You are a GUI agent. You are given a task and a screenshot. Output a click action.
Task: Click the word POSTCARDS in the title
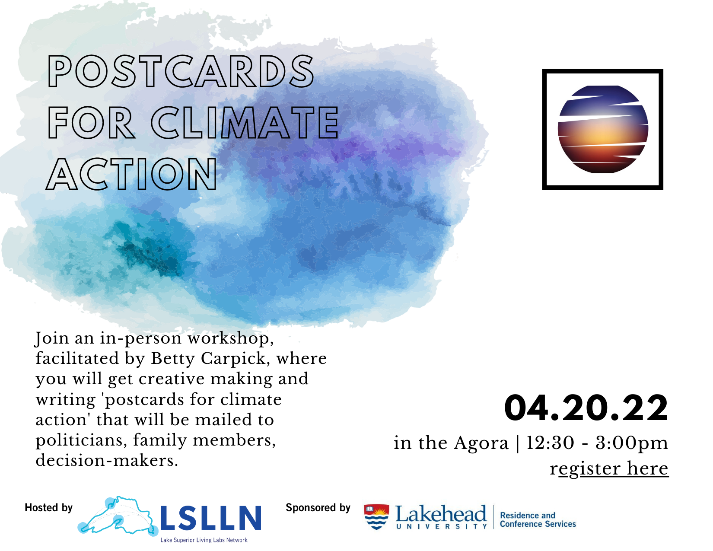181,71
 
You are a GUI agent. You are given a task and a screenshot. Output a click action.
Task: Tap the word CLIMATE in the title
245,122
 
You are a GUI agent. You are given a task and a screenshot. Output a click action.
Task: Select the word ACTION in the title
131,174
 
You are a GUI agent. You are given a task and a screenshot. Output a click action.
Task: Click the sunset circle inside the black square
603,129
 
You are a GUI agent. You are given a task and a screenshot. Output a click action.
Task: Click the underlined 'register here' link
609,468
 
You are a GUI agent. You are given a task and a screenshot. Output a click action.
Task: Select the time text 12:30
550,443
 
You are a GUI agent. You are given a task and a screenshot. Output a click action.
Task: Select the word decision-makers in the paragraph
107,460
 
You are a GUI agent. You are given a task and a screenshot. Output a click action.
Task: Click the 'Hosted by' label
48,508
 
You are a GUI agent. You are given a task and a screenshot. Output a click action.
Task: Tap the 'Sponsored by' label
318,508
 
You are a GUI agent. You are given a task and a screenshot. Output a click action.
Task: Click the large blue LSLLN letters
210,518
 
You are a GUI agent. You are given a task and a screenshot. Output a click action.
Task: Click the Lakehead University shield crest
376,516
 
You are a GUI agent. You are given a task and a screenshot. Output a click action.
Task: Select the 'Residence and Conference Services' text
538,519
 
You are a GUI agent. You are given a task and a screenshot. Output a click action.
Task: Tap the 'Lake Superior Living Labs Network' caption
204,540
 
